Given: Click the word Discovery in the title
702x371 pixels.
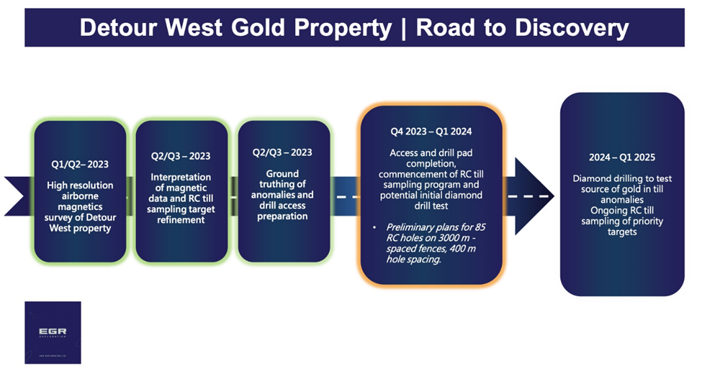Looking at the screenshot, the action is click(x=572, y=28).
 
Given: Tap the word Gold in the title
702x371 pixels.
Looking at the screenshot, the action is click(x=258, y=27).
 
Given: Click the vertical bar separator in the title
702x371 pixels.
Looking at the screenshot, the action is click(x=404, y=28).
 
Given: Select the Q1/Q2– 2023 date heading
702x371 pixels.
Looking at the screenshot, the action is click(x=80, y=165).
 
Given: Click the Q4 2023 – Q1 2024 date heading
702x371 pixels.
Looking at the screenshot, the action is click(x=431, y=132).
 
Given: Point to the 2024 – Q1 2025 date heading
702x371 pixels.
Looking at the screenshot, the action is click(x=622, y=157).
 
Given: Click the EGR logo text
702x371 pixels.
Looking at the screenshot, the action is click(x=53, y=331).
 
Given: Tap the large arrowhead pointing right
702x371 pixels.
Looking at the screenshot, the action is click(x=534, y=196).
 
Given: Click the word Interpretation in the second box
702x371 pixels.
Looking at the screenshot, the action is click(x=181, y=178).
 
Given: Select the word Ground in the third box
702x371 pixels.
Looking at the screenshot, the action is click(x=282, y=173).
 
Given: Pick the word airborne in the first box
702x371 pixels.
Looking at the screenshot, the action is click(x=80, y=196).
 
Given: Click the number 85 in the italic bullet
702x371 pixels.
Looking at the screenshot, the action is click(x=480, y=227).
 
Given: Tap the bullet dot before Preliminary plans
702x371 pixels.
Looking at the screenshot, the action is click(x=374, y=228).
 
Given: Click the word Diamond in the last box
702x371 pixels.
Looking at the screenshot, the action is click(x=590, y=178).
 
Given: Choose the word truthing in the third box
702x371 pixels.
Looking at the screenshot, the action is click(x=282, y=184).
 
